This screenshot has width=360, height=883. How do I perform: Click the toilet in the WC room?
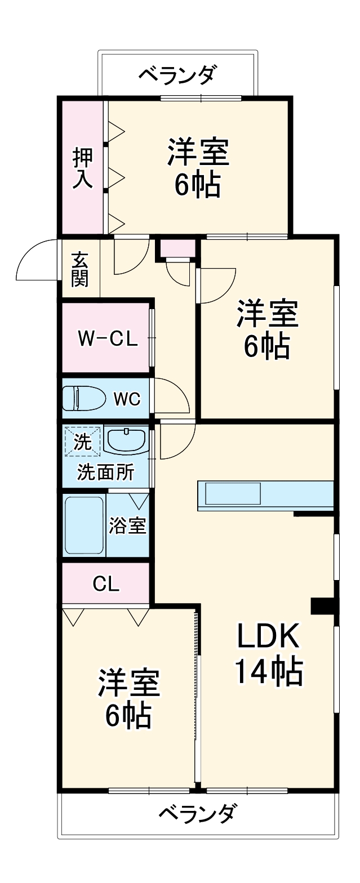click(85, 399)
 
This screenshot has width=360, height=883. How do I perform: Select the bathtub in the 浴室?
click(84, 525)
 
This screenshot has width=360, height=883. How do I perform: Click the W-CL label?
click(107, 340)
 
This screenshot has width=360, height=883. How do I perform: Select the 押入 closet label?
click(82, 167)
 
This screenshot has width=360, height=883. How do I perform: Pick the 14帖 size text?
click(269, 671)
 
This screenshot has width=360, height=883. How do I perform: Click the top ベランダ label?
click(177, 74)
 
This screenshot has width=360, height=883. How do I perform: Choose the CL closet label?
click(106, 585)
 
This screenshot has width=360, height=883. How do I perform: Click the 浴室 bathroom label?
click(128, 526)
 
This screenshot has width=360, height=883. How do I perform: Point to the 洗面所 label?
click(106, 472)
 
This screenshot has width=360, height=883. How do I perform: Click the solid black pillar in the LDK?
click(322, 606)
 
